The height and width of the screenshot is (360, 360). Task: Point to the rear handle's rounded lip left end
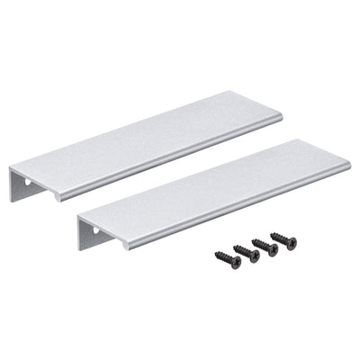(56, 195)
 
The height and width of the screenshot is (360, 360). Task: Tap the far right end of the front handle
(347, 165)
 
